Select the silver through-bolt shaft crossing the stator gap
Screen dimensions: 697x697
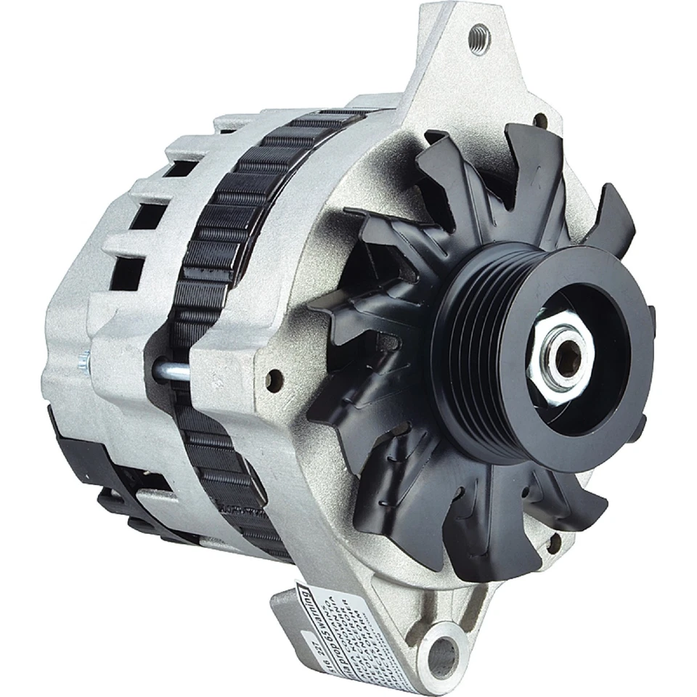[x=171, y=371]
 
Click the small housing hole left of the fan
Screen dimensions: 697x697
[x=274, y=377]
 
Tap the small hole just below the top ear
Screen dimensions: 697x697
[x=540, y=120]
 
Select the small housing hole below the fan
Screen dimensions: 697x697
[x=553, y=540]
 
